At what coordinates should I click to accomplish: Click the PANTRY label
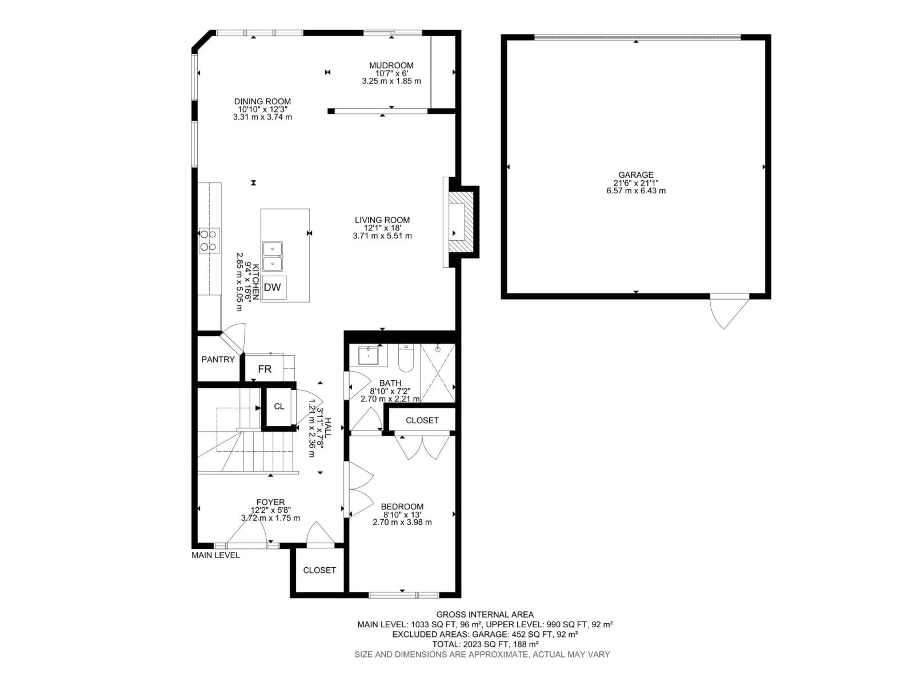pyautogui.click(x=218, y=360)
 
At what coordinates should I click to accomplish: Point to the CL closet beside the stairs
pyautogui.click(x=279, y=406)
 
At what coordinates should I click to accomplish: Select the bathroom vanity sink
pyautogui.click(x=368, y=356)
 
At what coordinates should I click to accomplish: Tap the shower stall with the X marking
pyautogui.click(x=437, y=373)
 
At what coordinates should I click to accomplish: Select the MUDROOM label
pyautogui.click(x=391, y=65)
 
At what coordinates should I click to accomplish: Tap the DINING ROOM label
pyautogui.click(x=262, y=101)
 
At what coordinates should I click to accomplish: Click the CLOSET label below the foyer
pyautogui.click(x=319, y=570)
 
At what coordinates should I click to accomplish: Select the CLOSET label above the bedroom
pyautogui.click(x=422, y=420)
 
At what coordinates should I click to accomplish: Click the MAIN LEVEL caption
pyautogui.click(x=215, y=555)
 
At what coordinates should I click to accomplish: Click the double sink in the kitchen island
pyautogui.click(x=272, y=256)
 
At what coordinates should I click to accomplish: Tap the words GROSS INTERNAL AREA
pyautogui.click(x=485, y=615)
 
